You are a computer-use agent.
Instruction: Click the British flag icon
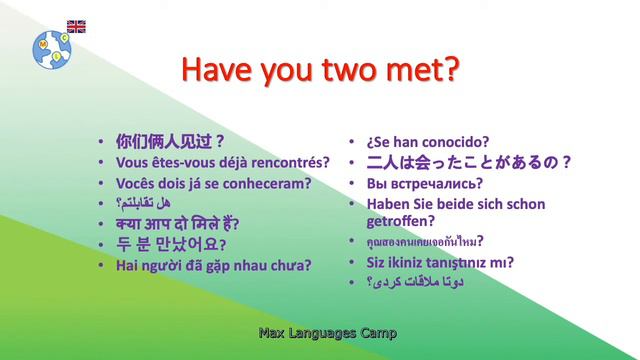click(x=76, y=26)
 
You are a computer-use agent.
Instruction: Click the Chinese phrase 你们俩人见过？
click(x=170, y=141)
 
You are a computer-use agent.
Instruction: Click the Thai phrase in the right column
click(x=424, y=242)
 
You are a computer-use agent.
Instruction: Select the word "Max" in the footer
click(x=271, y=332)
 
